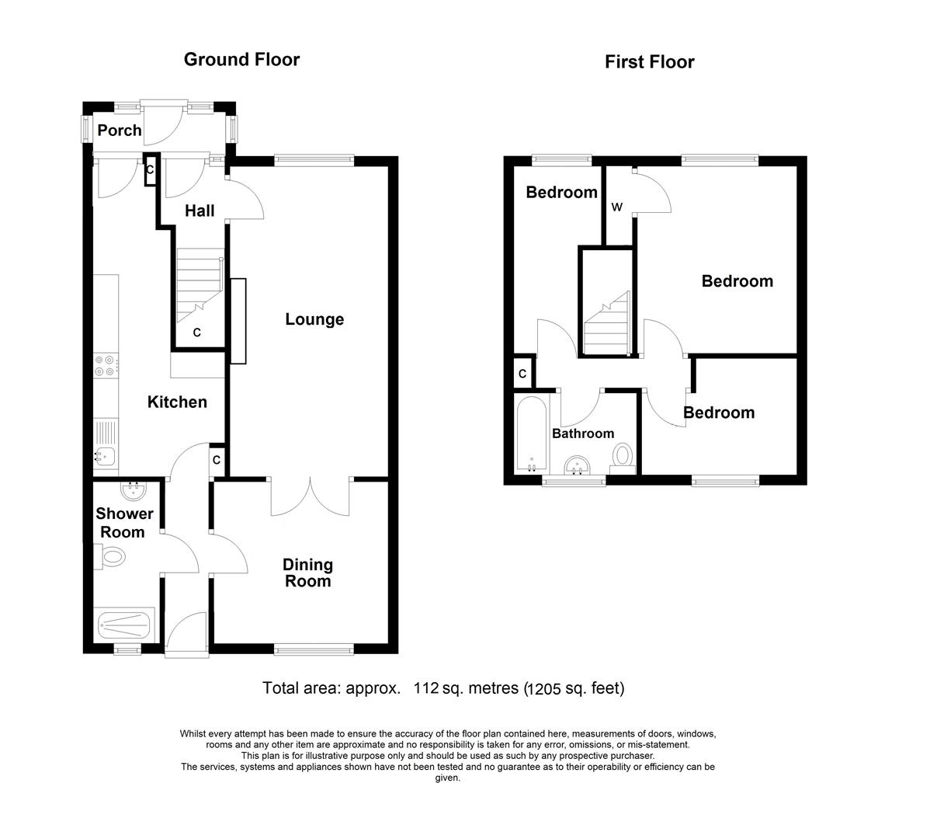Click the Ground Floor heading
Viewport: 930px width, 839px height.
(x=241, y=60)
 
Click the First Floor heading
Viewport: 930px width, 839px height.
(x=649, y=62)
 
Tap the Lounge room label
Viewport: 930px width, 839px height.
(x=314, y=319)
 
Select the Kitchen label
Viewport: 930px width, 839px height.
(x=177, y=402)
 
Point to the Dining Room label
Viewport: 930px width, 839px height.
(x=307, y=573)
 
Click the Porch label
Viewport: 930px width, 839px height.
(x=120, y=130)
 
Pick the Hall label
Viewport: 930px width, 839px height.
(x=200, y=211)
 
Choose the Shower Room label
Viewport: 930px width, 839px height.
(x=124, y=523)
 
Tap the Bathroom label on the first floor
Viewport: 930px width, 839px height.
(x=583, y=433)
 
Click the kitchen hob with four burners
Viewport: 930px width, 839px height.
(x=106, y=366)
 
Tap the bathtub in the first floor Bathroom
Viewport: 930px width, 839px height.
(x=532, y=434)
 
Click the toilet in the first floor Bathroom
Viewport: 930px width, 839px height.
(x=623, y=456)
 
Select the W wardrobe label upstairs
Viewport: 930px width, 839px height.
(x=617, y=207)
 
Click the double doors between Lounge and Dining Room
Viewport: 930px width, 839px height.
(x=311, y=497)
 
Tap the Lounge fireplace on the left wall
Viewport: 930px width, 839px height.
(x=238, y=321)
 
